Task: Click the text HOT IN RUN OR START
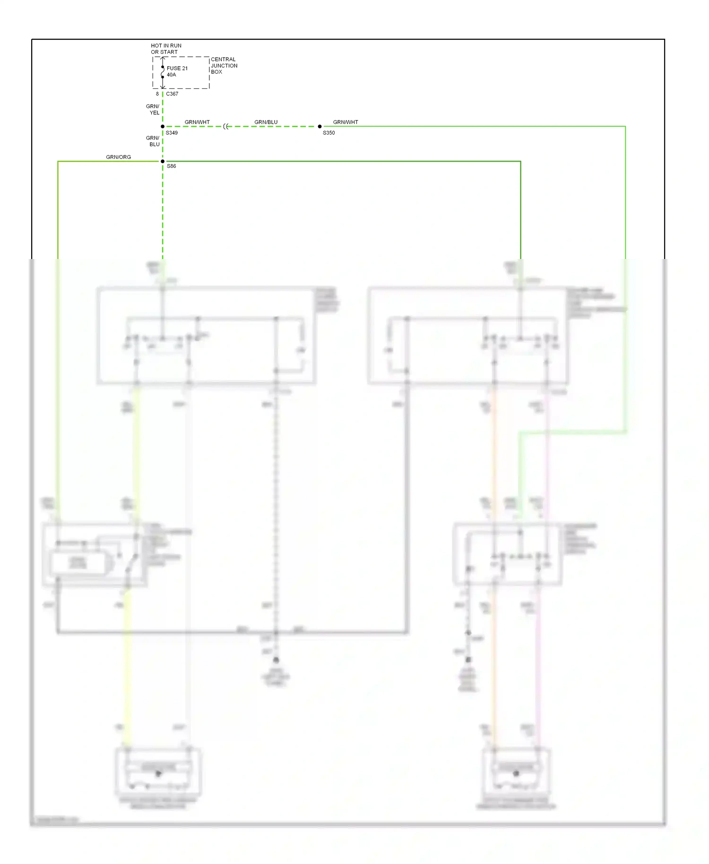pos(165,49)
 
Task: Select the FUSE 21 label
pos(177,68)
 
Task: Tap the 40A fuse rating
pos(171,75)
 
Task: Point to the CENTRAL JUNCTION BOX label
pos(224,66)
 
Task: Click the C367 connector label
pos(172,94)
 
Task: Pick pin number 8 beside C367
pos(157,94)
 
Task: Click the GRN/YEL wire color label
pos(153,110)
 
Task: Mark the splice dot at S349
pos(163,127)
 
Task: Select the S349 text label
pos(172,133)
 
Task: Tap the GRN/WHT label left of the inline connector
pos(197,122)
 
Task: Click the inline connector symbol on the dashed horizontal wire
pos(226,127)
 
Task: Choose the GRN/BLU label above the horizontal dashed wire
pos(266,122)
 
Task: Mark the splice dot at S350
pos(320,127)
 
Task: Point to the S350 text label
pos(329,133)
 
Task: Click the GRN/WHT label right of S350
pos(346,122)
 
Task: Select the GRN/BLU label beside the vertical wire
pos(153,141)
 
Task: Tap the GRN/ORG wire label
pos(118,157)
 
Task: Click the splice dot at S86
pos(163,162)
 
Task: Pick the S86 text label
pos(171,166)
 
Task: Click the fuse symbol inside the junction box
pos(163,72)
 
